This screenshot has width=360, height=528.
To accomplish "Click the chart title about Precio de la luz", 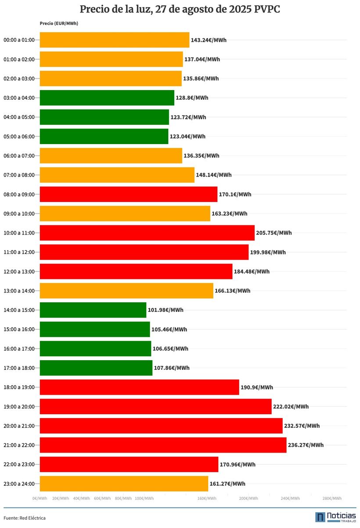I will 180,10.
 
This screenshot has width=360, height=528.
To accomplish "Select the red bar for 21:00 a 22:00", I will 163,445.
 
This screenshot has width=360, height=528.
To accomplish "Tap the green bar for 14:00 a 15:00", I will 93,310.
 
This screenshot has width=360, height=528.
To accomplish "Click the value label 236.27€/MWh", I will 306,445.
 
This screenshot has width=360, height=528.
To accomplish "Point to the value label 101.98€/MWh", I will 166,310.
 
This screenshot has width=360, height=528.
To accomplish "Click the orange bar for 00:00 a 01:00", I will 115,40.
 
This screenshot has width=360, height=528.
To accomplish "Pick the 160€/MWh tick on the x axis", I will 207,499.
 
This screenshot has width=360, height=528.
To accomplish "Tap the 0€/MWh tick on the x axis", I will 40,499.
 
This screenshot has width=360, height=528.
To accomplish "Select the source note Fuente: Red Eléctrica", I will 25,518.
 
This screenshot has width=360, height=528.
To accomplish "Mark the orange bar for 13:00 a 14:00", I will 126,291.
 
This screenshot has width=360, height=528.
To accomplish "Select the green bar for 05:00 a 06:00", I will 104,136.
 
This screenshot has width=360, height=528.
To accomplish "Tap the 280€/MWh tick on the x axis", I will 332,499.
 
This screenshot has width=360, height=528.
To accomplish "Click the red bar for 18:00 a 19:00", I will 139,387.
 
